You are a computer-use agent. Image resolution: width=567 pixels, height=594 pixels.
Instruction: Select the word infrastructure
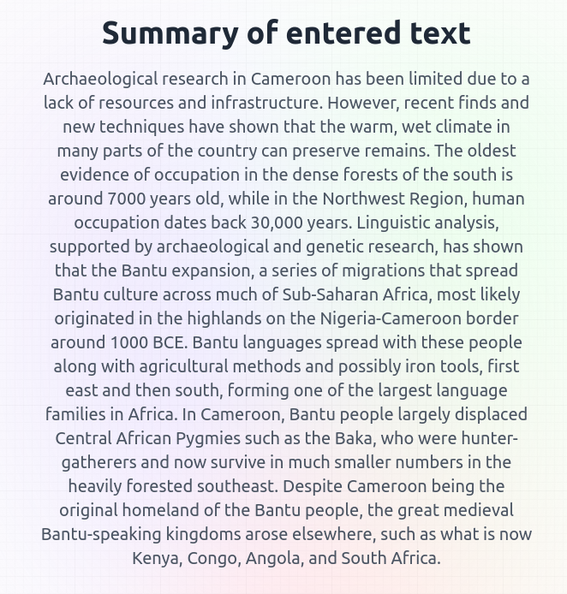266,103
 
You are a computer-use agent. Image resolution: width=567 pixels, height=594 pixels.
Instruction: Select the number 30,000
282,223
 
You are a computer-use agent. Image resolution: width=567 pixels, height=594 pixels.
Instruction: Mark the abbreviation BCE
170,342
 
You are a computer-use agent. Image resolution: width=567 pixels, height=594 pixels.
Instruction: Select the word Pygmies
234,438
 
